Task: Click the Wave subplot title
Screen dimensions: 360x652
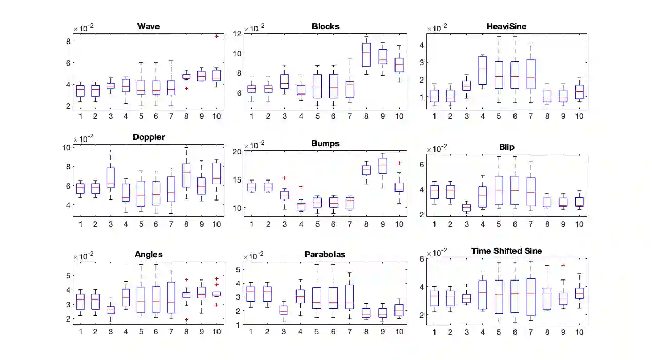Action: [x=148, y=27]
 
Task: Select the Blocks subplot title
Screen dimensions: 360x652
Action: [x=325, y=27]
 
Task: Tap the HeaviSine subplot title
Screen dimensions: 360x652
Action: [x=506, y=27]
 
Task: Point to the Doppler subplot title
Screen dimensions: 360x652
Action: [x=149, y=137]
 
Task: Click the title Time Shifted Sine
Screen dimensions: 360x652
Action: [x=506, y=251]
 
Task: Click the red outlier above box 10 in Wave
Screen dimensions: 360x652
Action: [x=216, y=36]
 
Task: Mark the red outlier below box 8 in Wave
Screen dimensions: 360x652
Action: [x=186, y=88]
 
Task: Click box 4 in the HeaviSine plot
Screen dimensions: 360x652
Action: [x=482, y=70]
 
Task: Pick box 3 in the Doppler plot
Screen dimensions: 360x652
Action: [x=110, y=177]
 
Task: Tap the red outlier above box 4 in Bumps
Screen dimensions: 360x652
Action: [x=301, y=187]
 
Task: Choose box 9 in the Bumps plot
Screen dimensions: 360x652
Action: [x=382, y=166]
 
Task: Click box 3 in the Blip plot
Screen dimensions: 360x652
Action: [x=466, y=208]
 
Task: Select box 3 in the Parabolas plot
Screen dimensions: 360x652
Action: [x=284, y=310]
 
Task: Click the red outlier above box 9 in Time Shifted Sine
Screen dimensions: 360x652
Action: [x=563, y=265]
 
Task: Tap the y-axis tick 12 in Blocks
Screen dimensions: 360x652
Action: [x=238, y=34]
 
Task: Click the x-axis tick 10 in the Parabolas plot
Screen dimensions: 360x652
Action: [x=399, y=332]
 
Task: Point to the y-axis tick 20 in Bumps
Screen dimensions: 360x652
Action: [x=238, y=151]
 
